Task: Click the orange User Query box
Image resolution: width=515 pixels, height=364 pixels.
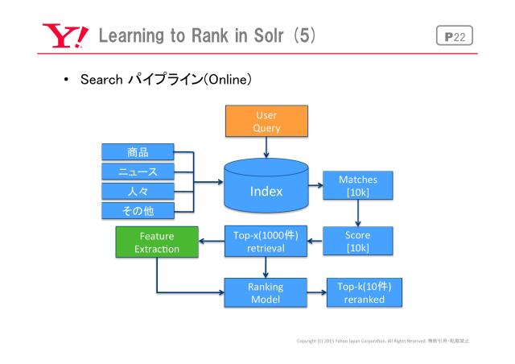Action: point(266,122)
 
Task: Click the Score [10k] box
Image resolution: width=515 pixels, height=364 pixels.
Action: point(358,239)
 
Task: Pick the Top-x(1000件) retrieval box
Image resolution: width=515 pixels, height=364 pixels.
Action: point(266,242)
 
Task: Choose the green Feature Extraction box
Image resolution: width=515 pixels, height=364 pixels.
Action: point(157,242)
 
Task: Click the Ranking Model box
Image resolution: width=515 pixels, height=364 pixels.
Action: point(266,292)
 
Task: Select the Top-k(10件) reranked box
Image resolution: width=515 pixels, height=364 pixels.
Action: point(365,292)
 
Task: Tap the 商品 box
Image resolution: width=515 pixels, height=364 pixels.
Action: point(138,151)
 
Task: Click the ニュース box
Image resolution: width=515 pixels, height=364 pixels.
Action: point(138,171)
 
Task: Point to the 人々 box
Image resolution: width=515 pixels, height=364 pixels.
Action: point(138,191)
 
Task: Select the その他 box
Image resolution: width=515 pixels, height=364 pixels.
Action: point(138,211)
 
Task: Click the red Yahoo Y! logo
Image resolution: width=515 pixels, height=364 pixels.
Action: point(62,36)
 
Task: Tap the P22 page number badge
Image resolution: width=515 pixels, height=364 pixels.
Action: point(457,36)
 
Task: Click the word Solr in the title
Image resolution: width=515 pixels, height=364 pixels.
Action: point(273,36)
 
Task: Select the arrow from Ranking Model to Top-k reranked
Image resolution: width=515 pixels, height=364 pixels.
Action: point(315,292)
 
